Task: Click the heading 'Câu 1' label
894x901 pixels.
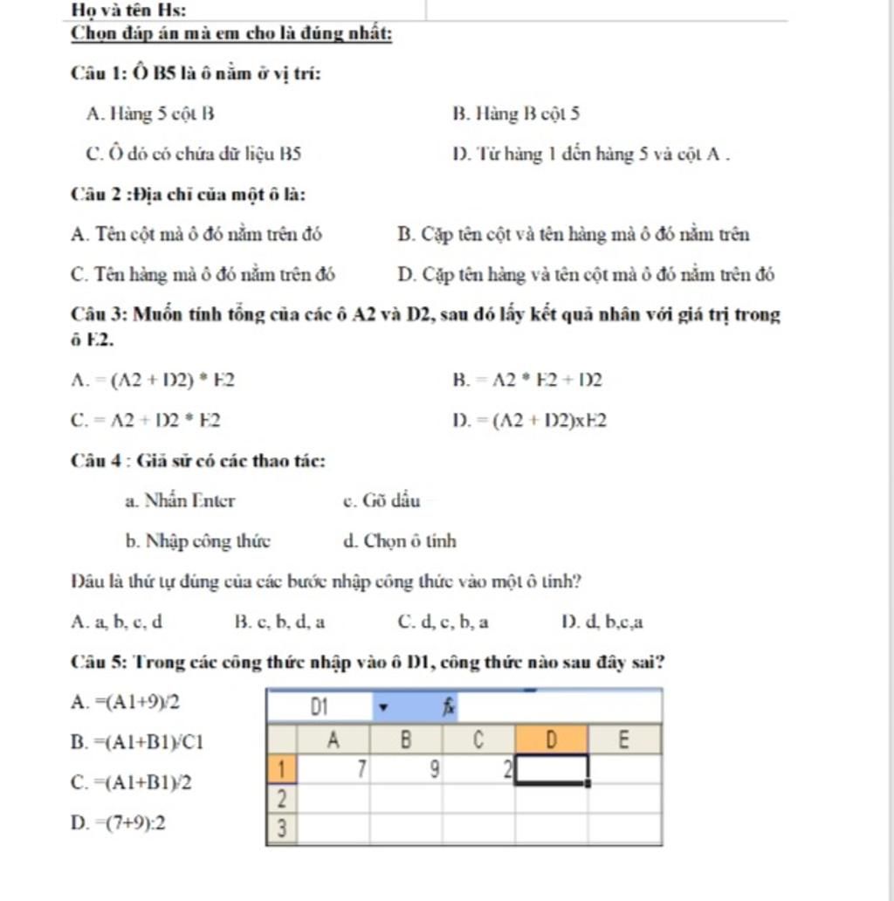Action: (x=100, y=73)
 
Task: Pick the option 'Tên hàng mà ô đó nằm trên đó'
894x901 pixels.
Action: (x=203, y=274)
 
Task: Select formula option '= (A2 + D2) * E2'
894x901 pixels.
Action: (x=153, y=380)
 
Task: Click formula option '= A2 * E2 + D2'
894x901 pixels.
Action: (x=527, y=380)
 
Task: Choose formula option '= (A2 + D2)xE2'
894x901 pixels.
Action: (x=529, y=421)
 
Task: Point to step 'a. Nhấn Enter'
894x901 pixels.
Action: (x=180, y=501)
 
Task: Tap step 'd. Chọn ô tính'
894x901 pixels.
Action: (x=400, y=541)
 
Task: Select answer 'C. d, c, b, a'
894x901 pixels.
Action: (x=443, y=622)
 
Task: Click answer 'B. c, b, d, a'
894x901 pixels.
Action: (x=280, y=622)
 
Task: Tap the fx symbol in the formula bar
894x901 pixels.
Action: (x=449, y=705)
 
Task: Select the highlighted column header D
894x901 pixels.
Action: (x=551, y=739)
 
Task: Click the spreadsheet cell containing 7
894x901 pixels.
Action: (x=334, y=769)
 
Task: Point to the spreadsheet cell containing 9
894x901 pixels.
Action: (x=406, y=769)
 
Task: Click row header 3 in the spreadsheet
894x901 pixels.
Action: (x=281, y=828)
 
